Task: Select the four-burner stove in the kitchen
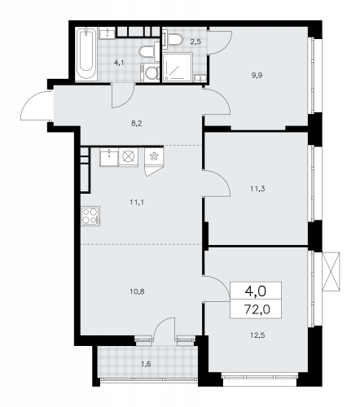click(90, 217)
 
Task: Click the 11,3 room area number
click(256, 187)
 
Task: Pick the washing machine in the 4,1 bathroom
click(151, 73)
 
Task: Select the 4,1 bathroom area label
click(120, 62)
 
